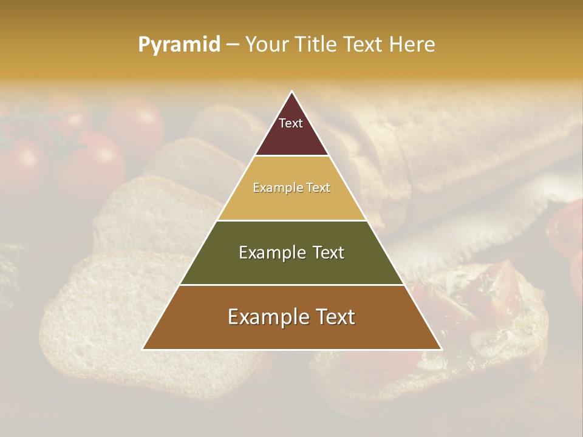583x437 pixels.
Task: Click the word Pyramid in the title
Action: (179, 44)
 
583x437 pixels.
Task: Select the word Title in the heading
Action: (315, 44)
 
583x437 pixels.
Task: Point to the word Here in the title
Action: (412, 44)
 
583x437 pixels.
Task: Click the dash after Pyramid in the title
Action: (232, 45)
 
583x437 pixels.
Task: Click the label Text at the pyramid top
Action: (291, 123)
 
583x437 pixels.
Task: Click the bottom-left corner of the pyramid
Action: (143, 349)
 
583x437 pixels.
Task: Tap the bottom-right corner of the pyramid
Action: (441, 349)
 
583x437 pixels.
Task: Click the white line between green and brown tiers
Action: (291, 285)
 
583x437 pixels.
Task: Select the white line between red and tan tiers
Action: (291, 156)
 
